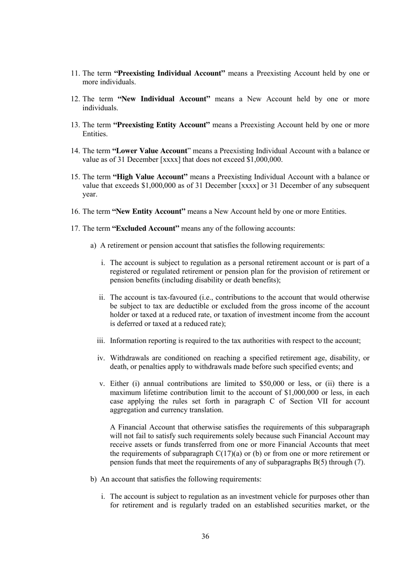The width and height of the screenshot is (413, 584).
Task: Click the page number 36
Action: point(205,536)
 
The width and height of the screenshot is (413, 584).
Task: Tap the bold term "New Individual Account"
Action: point(164,99)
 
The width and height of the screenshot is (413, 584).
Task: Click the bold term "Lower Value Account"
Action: point(150,151)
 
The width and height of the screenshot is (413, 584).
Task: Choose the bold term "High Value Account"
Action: point(150,177)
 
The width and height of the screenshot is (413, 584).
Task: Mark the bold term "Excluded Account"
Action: point(146,228)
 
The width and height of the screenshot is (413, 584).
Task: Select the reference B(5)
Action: point(322,462)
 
